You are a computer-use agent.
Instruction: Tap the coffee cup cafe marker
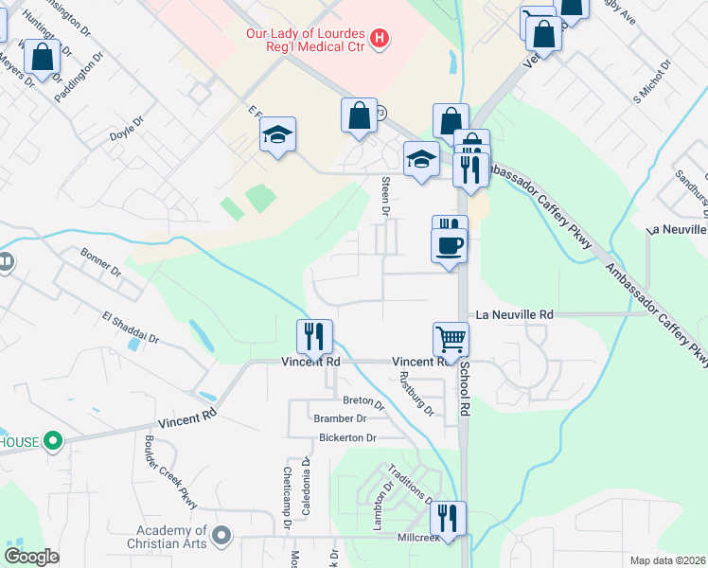[450, 245]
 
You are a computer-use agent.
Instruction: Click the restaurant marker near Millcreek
[447, 518]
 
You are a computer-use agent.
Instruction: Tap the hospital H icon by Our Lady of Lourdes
[380, 39]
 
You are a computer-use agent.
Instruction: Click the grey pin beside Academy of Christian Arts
[221, 537]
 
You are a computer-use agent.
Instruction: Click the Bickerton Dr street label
[346, 437]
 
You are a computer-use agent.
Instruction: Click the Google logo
[31, 557]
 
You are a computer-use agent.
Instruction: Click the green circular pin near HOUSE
[54, 440]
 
